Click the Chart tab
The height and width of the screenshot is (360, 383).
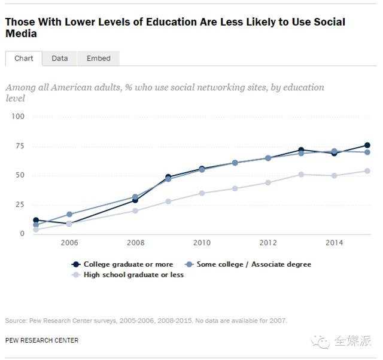pyautogui.click(x=24, y=58)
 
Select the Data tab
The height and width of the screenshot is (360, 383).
pyautogui.click(x=60, y=58)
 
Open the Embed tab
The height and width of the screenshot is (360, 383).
pyautogui.click(x=98, y=58)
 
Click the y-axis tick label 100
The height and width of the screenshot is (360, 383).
pyautogui.click(x=17, y=116)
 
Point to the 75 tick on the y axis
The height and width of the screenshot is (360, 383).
pyautogui.click(x=19, y=146)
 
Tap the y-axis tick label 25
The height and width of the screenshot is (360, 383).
pyautogui.click(x=19, y=205)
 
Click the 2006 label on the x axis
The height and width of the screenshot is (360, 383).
pyautogui.click(x=69, y=243)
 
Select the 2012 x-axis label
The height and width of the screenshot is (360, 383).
pyautogui.click(x=268, y=243)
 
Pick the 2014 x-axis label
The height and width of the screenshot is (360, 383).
pyautogui.click(x=335, y=243)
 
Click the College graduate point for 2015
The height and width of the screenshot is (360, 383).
pyautogui.click(x=367, y=145)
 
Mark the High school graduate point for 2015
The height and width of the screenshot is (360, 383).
pyautogui.click(x=367, y=171)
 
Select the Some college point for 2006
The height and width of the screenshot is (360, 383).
pyautogui.click(x=69, y=214)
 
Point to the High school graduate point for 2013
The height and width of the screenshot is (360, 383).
pyautogui.click(x=301, y=175)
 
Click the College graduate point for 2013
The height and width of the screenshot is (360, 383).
pyautogui.click(x=301, y=150)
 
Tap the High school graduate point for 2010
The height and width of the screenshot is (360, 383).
pyautogui.click(x=202, y=193)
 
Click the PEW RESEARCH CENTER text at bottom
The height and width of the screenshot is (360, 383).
pyautogui.click(x=42, y=340)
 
